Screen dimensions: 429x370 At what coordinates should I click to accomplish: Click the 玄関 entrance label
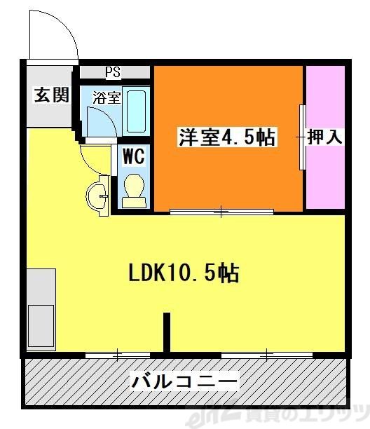pos(51,95)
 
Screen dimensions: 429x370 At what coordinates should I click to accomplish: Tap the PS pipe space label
pos(113,71)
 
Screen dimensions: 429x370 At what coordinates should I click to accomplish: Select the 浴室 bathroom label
pos(109,97)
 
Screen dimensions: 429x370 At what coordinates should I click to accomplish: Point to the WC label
pos(134,156)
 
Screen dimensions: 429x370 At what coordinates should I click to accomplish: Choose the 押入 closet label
pos(325,137)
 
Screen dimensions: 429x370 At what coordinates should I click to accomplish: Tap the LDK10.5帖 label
pos(184,273)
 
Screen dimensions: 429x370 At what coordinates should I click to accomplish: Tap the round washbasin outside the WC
pos(96,196)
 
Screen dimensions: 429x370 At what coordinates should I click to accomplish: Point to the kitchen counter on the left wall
pos(41,308)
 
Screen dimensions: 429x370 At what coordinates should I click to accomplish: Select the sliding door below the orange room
pos(221,211)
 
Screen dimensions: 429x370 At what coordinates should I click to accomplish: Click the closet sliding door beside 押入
pos(303,137)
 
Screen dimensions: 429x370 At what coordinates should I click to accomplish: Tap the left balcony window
pos(118,355)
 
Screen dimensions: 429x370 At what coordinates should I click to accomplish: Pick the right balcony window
pos(267,355)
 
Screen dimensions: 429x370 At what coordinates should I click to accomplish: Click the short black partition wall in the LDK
pos(167,333)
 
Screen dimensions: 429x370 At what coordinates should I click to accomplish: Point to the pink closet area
pos(325,175)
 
